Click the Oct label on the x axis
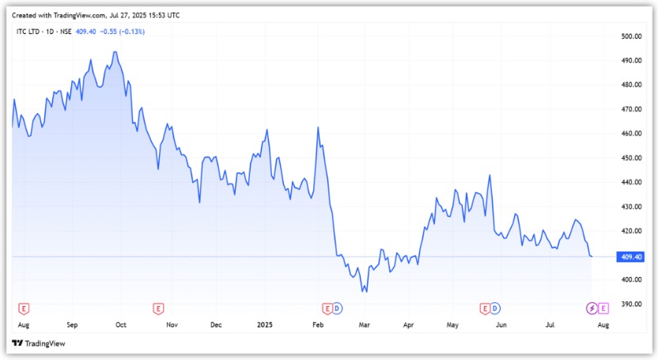pos(121,324)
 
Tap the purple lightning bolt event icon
pos(592,307)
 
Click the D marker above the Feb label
pos(337,307)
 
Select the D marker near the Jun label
pos(496,307)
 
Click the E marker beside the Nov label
pos(158,307)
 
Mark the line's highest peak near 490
pos(115,52)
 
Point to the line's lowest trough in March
pos(364,292)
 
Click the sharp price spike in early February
pos(318,127)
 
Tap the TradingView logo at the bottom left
pos(39,343)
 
